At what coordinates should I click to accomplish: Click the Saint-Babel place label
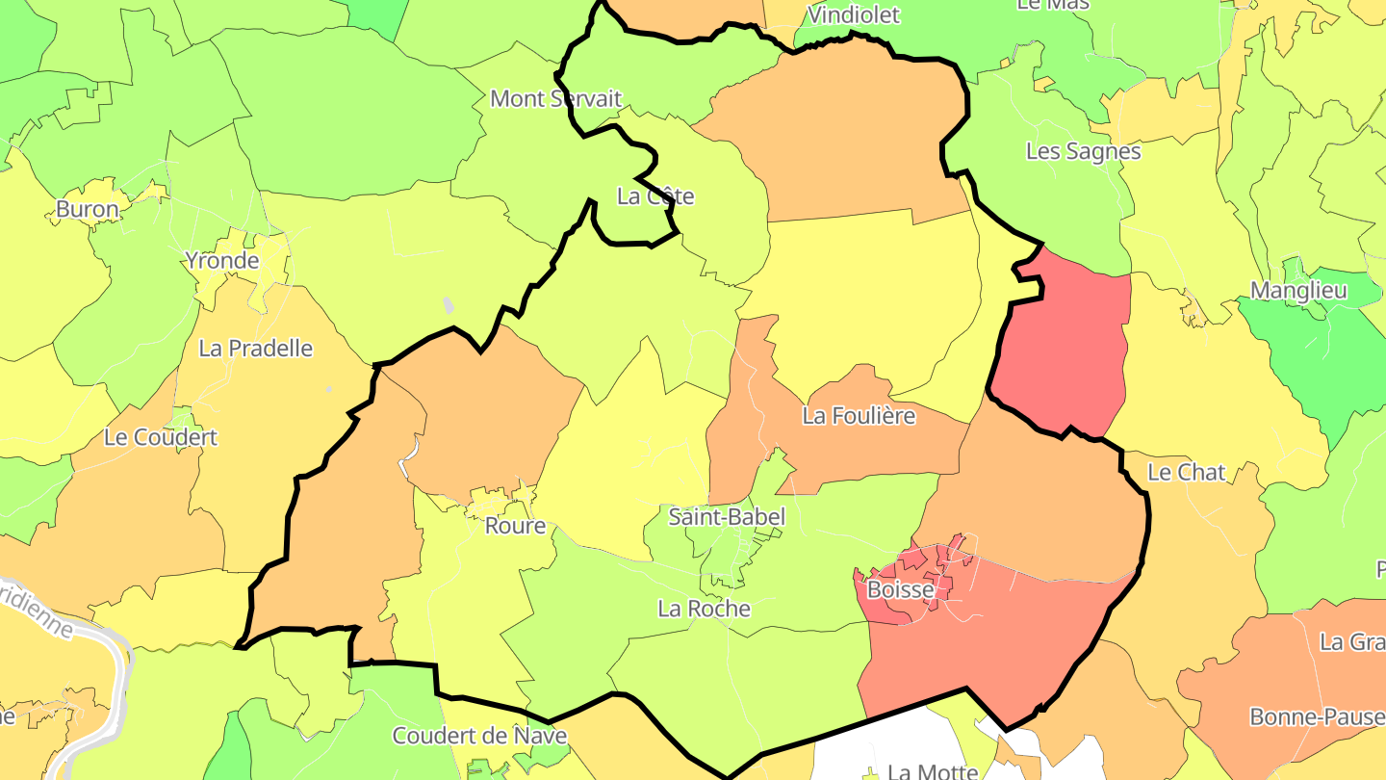click(727, 517)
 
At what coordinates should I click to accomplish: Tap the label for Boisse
click(901, 589)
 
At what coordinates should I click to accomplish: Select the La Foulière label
click(859, 416)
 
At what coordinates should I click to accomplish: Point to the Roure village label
click(515, 526)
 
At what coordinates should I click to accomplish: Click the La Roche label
click(704, 609)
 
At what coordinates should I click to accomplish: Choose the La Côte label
click(655, 196)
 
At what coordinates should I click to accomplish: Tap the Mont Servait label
click(556, 98)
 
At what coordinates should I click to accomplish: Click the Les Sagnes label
click(1083, 151)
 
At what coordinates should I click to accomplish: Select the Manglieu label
click(1298, 290)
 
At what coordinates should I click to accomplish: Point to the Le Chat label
click(1187, 472)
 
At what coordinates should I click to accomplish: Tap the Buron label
click(88, 209)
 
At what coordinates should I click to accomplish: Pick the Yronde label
click(222, 260)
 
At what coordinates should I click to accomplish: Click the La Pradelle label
click(256, 348)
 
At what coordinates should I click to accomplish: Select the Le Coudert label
click(161, 437)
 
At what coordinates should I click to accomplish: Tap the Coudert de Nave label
click(479, 737)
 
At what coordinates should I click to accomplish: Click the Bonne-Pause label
click(1317, 716)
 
